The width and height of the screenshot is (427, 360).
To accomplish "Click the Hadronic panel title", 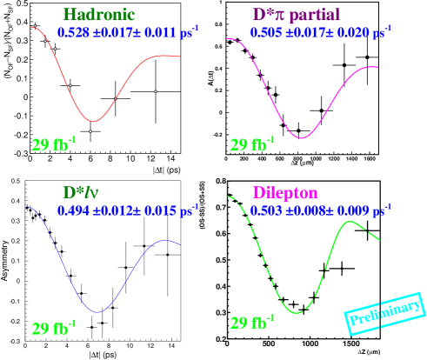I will (98, 15).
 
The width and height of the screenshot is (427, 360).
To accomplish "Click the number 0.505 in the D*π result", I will (265, 32).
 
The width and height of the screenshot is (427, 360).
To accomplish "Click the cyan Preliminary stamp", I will (386, 313).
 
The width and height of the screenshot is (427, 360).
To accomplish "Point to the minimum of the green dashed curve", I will (297, 312).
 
